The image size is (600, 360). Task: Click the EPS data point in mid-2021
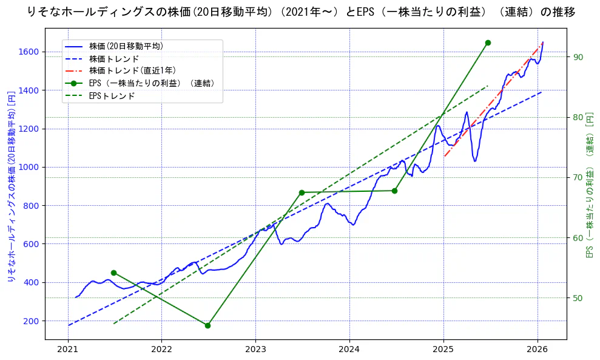113,273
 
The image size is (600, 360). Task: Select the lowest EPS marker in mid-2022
207,325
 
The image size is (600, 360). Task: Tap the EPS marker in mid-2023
302,192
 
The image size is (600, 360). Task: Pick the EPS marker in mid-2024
394,191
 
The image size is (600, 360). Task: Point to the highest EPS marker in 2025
488,42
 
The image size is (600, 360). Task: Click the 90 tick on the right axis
578,57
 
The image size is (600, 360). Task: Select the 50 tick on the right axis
578,297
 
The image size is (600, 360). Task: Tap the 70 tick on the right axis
578,177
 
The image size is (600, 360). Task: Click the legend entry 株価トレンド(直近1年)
132,70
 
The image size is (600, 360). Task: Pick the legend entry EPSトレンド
112,96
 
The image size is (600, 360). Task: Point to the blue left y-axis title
11,182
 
